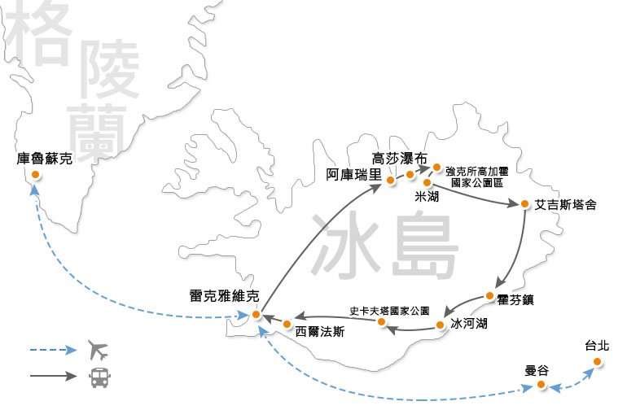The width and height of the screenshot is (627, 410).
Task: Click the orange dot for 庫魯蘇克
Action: [x=35, y=175]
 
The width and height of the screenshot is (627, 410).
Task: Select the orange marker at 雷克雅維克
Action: [x=256, y=314]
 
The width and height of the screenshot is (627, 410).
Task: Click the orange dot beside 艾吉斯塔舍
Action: [x=525, y=204]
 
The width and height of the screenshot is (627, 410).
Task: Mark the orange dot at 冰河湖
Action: [x=441, y=325]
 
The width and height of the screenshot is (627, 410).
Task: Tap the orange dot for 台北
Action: [x=597, y=361]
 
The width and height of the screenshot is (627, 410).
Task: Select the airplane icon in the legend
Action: [x=97, y=351]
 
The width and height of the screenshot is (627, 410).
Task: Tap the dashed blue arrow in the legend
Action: [x=53, y=351]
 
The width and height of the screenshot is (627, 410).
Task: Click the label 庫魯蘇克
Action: [x=45, y=159]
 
